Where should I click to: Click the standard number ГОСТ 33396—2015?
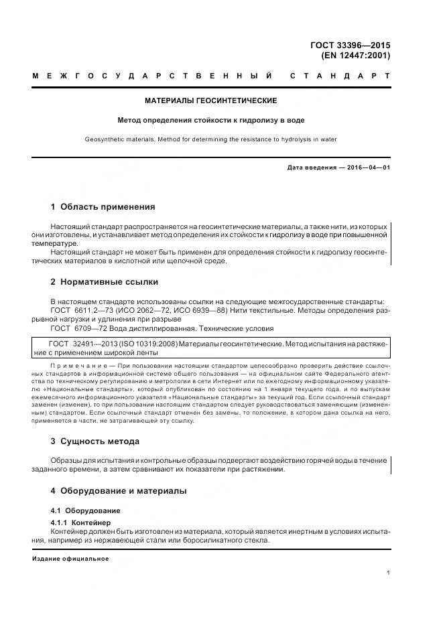click(x=351, y=46)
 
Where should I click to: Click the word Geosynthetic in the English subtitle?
click(x=104, y=139)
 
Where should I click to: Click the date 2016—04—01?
click(x=368, y=167)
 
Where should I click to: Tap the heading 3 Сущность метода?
click(x=95, y=441)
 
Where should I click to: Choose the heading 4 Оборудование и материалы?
click(x=119, y=491)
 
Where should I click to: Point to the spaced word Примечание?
click(x=72, y=366)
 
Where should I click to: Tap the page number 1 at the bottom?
click(x=388, y=573)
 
